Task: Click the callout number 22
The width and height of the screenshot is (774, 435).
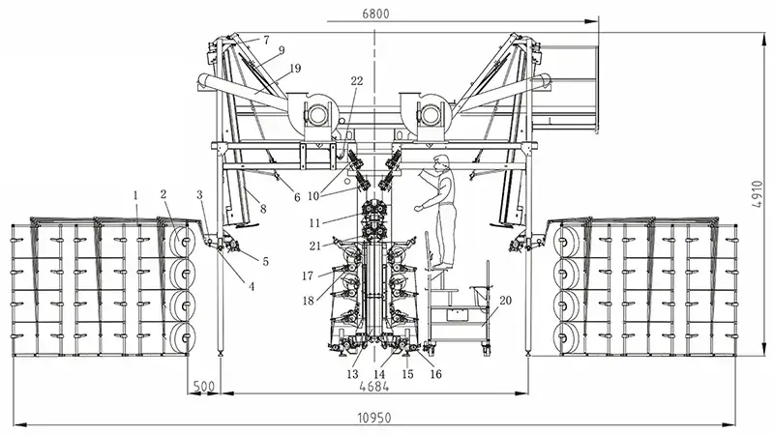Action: [356, 81]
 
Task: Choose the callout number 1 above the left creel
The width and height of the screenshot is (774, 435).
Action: [136, 195]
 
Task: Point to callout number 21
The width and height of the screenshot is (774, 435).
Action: [313, 246]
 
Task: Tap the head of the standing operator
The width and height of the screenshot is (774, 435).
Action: [441, 162]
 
